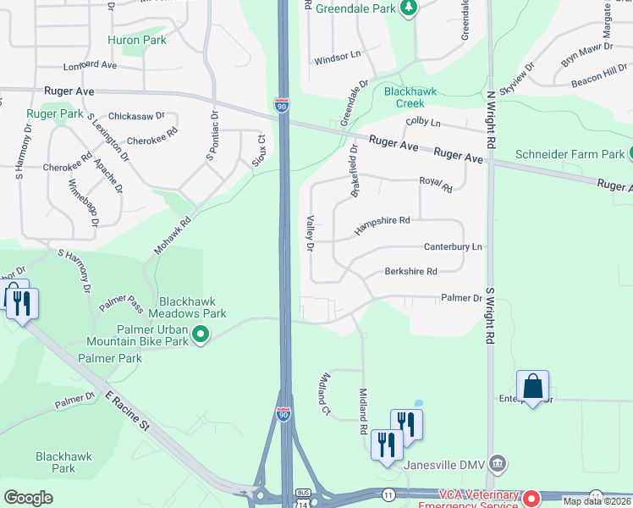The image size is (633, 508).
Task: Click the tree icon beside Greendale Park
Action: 410,8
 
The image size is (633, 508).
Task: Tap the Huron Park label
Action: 136,40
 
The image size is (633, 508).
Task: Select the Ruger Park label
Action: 54,113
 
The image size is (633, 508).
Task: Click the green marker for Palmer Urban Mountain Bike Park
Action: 201,334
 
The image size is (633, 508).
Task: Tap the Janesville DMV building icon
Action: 499,463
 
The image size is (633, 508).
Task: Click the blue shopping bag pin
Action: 532,387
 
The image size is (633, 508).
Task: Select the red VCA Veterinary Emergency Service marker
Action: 532,499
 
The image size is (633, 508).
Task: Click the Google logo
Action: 28,497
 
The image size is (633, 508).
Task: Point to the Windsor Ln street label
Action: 338,59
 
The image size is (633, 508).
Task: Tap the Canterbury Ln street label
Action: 453,247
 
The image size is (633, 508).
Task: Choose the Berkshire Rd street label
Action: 410,272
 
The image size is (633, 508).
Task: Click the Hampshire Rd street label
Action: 382,224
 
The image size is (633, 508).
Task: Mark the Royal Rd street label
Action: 436,184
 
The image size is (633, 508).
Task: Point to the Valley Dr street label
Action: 311,234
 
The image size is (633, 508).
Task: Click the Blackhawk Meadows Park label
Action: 193,307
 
